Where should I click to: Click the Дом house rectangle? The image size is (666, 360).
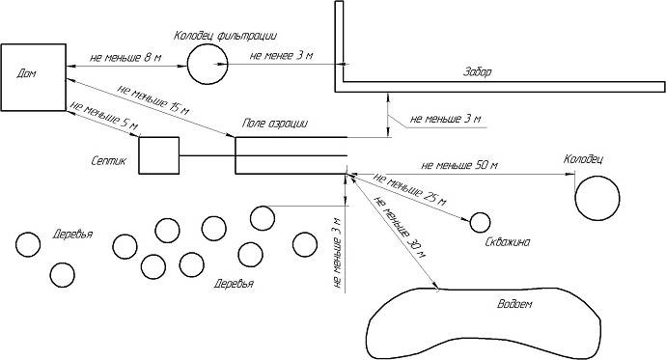(x=33, y=92)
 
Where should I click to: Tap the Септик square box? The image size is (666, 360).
(x=159, y=155)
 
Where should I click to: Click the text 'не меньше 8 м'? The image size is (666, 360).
(x=125, y=58)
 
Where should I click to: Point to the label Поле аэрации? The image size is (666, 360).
(x=275, y=124)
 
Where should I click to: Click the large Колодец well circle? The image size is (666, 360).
(x=597, y=199)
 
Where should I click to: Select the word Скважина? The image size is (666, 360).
(x=508, y=243)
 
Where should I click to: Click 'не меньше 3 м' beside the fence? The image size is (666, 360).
(x=444, y=120)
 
